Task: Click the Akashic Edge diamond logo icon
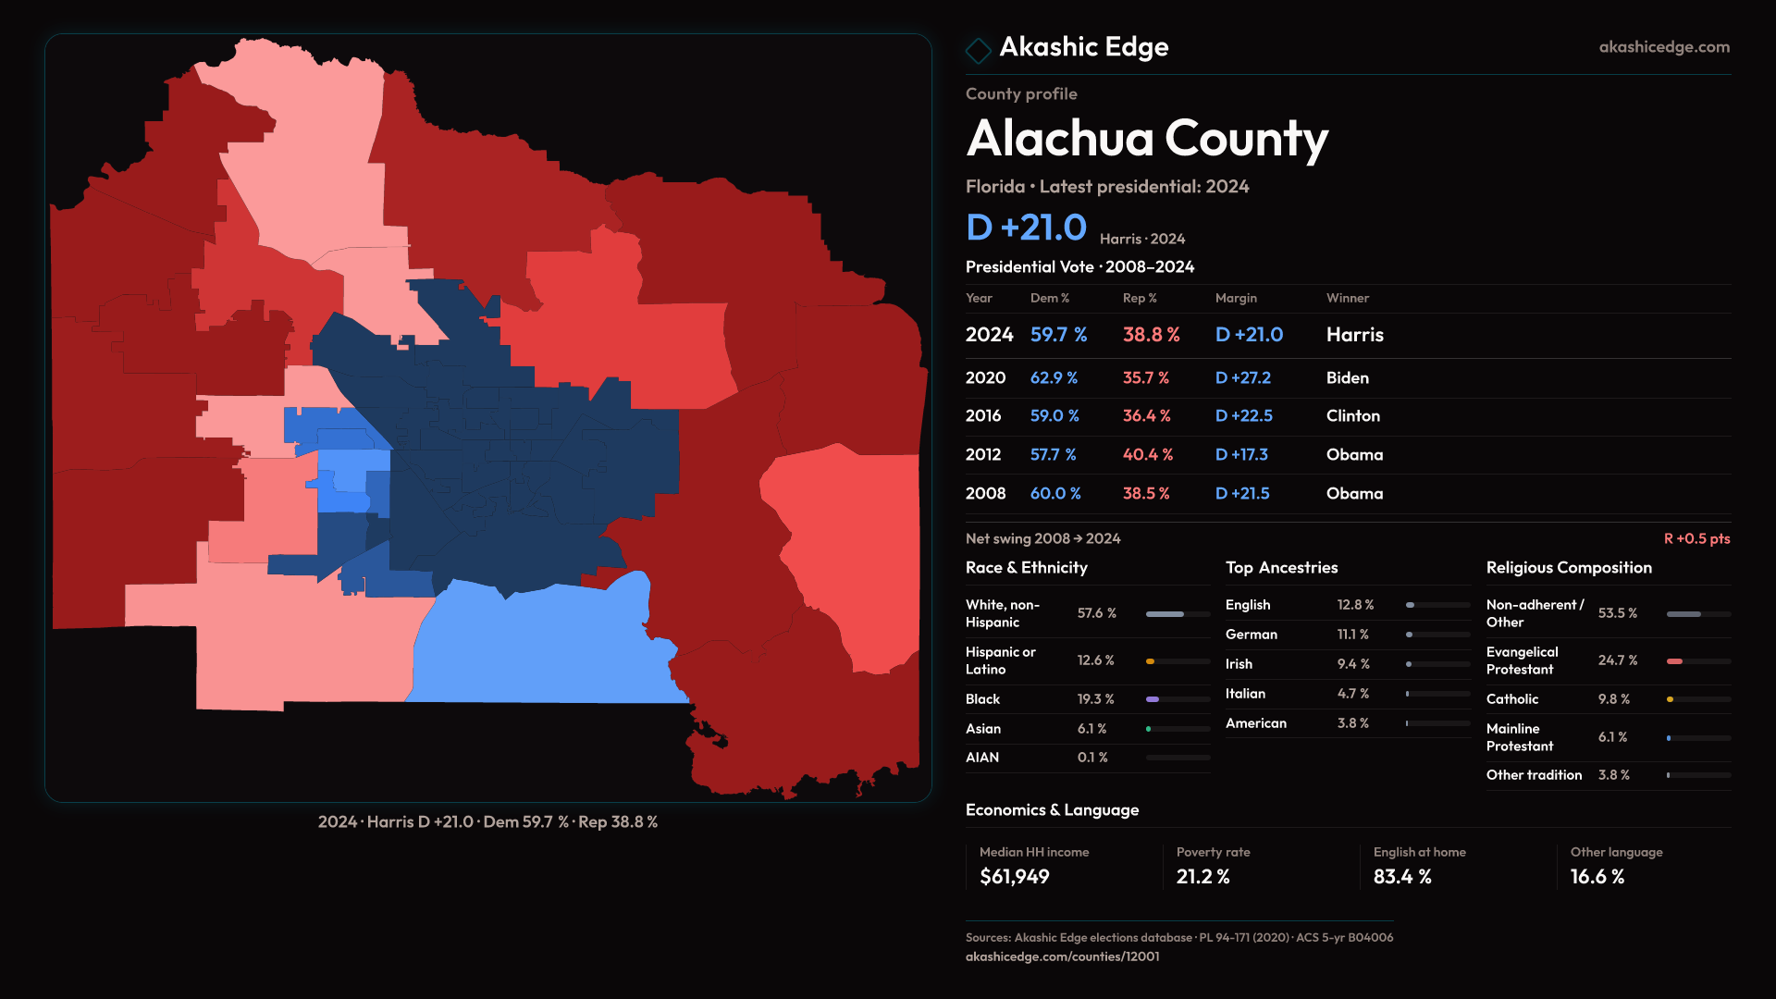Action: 978,49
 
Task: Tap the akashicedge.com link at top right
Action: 1664,47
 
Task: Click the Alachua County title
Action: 1147,139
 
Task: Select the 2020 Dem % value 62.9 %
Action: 1054,378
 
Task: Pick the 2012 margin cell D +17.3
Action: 1241,455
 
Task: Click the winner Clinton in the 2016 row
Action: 1352,416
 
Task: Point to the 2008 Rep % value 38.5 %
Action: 1146,494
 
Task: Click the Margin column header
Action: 1236,298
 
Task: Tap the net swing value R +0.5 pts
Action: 1696,538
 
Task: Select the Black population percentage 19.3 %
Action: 1095,699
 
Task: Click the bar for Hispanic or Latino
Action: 1178,661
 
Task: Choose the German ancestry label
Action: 1251,635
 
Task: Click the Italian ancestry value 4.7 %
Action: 1352,694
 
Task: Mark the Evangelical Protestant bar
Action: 1697,661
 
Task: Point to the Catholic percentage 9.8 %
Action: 1613,699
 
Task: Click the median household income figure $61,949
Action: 1014,877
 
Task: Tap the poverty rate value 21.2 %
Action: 1202,877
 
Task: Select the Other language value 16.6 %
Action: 1597,877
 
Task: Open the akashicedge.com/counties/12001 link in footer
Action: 1062,956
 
